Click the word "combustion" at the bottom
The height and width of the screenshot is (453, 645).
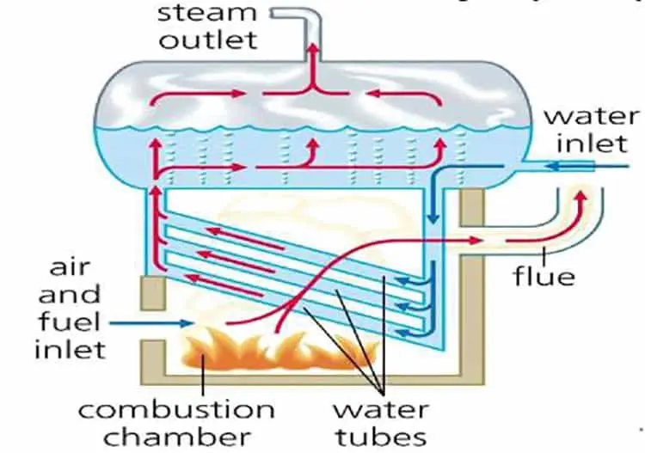tap(175, 409)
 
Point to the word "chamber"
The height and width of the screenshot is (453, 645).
tap(176, 435)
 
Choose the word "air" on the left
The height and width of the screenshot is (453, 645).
tap(64, 268)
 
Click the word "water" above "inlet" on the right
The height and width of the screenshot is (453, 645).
tap(591, 116)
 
